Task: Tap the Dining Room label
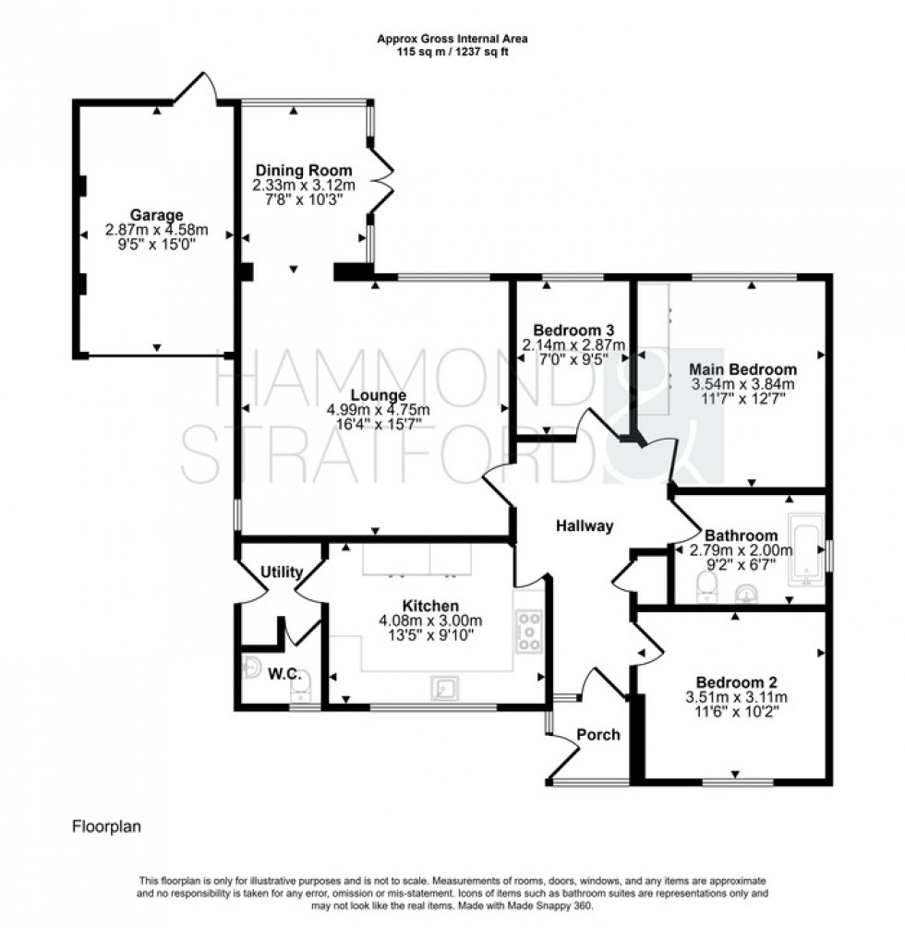tap(304, 170)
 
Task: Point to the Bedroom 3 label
tap(574, 331)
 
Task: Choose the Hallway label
tap(585, 526)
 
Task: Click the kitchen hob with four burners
tap(530, 632)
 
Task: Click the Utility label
tap(282, 572)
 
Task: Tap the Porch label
tap(597, 735)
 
